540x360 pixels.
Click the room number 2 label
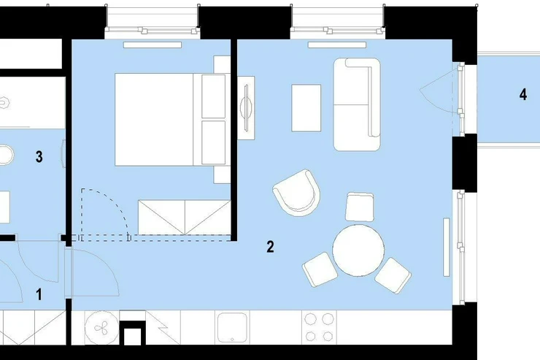[270, 247]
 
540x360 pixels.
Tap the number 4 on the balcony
[522, 94]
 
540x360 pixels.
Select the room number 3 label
[39, 156]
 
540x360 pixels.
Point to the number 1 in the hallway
[39, 294]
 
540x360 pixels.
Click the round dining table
[358, 250]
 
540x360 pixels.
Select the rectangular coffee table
[306, 108]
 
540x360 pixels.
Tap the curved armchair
[297, 193]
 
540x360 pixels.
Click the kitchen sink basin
[232, 328]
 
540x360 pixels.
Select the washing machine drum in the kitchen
[101, 328]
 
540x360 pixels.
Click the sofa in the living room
[357, 104]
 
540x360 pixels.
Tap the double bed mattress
[154, 120]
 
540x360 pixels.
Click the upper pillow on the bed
[213, 96]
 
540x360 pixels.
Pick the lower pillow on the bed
[213, 142]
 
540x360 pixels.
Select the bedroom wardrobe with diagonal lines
[184, 217]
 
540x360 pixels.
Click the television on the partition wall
[246, 108]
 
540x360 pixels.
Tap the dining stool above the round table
[360, 207]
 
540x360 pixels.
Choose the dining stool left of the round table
[320, 269]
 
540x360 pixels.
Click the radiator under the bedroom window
[153, 45]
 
